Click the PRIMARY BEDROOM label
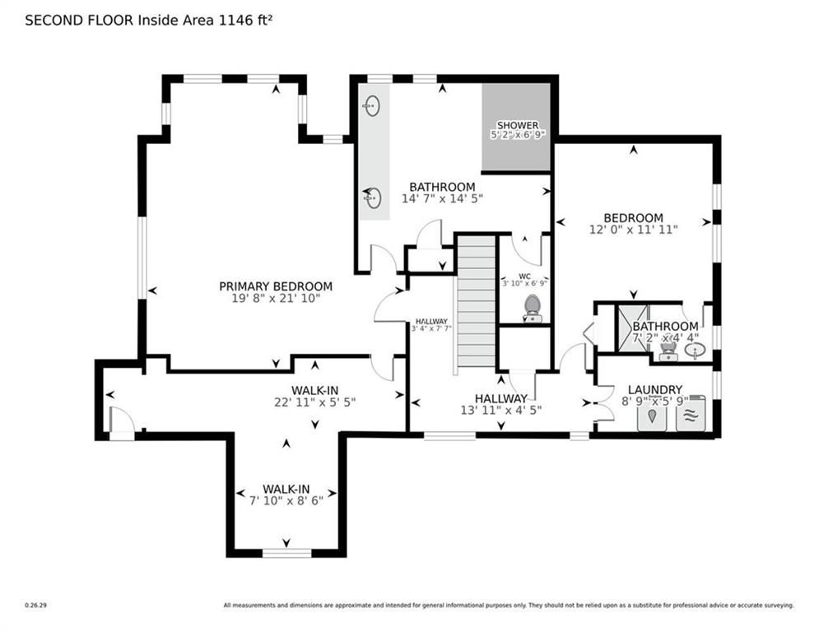(x=276, y=286)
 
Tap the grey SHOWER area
(x=517, y=127)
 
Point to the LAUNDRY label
(x=654, y=389)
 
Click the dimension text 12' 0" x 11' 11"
(x=632, y=230)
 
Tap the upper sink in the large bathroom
(x=372, y=105)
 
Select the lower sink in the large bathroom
(x=373, y=197)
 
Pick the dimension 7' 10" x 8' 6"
(x=286, y=500)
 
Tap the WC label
(x=525, y=275)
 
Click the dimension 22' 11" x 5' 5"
(x=314, y=402)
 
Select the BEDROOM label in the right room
(x=632, y=218)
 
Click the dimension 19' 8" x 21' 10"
(x=276, y=299)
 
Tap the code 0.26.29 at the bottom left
(x=35, y=606)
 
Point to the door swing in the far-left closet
(x=120, y=421)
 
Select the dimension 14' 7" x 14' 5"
(x=442, y=198)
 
